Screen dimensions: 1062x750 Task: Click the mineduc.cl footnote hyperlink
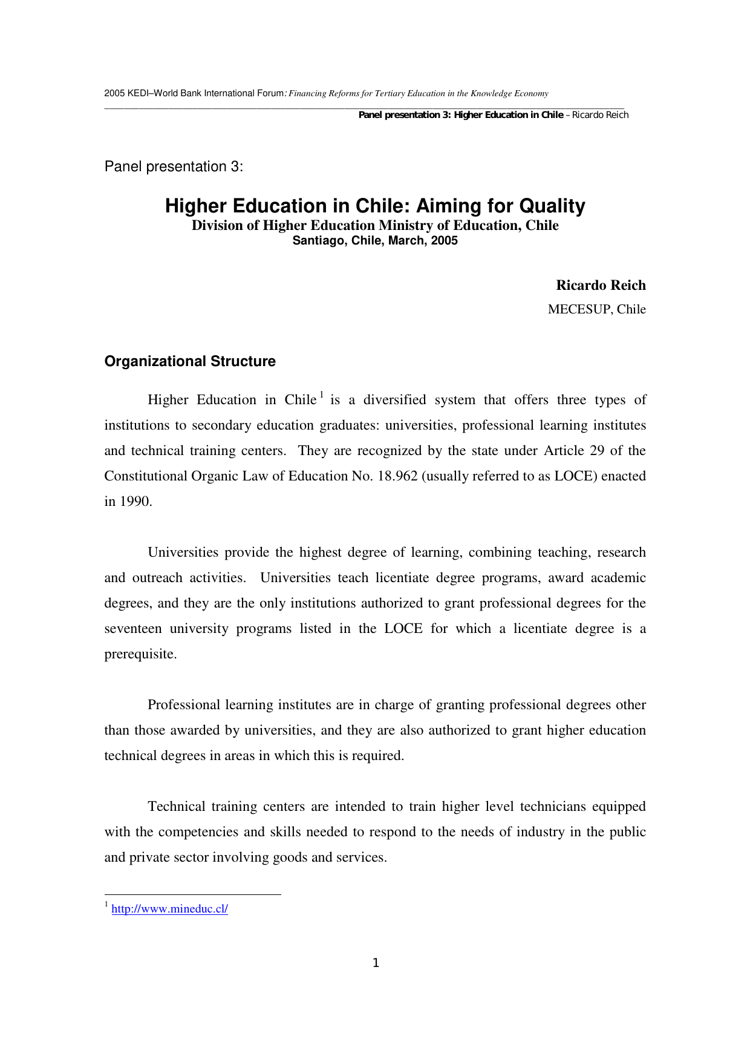169,909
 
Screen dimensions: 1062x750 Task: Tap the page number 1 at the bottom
376,963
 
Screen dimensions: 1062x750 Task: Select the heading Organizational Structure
190,361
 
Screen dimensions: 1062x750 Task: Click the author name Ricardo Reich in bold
601,285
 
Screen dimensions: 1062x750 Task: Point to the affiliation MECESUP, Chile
596,309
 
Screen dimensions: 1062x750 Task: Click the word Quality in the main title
552,206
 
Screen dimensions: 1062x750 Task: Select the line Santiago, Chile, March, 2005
375,240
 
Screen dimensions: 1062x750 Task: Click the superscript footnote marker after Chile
322,395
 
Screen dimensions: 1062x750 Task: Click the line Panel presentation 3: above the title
174,166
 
